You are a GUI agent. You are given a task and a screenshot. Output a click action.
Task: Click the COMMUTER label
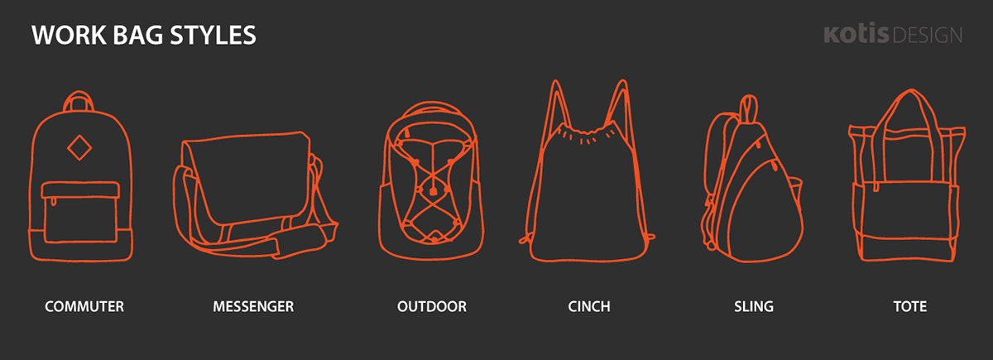click(x=84, y=306)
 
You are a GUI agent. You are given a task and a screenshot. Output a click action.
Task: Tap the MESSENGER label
click(x=253, y=306)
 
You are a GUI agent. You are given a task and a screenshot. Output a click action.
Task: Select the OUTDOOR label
click(x=432, y=306)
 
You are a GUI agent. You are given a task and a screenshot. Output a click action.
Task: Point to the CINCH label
click(x=589, y=306)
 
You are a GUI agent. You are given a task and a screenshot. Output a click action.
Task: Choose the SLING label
click(x=754, y=306)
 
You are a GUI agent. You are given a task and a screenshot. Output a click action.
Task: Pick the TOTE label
click(x=910, y=306)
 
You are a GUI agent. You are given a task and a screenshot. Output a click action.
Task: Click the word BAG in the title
click(x=138, y=35)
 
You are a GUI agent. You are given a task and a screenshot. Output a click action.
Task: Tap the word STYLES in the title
click(x=213, y=35)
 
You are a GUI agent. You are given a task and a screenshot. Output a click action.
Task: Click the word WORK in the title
click(x=69, y=35)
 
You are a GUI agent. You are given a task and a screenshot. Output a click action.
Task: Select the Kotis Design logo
click(x=893, y=34)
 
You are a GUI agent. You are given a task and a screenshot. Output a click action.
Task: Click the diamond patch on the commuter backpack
click(x=79, y=147)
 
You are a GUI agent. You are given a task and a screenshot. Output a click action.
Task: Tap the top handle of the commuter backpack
click(x=79, y=100)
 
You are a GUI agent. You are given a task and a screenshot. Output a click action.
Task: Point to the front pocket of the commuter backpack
click(x=80, y=213)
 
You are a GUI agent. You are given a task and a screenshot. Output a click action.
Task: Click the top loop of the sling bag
click(x=749, y=108)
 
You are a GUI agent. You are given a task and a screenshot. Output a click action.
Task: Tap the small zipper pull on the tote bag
click(x=876, y=186)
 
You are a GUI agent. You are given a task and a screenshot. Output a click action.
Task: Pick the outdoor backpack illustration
click(x=431, y=180)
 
